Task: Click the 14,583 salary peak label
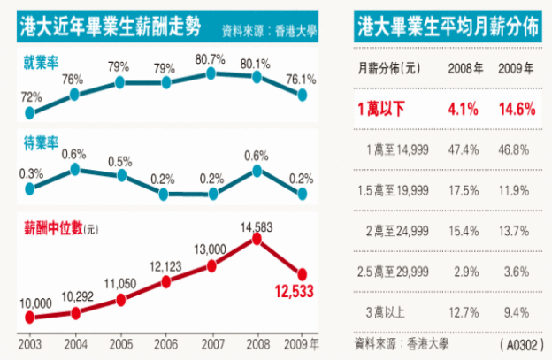click(256, 226)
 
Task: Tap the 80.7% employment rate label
click(211, 59)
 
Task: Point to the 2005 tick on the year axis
click(121, 341)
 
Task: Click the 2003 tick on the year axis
click(30, 341)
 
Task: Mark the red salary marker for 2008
click(257, 238)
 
